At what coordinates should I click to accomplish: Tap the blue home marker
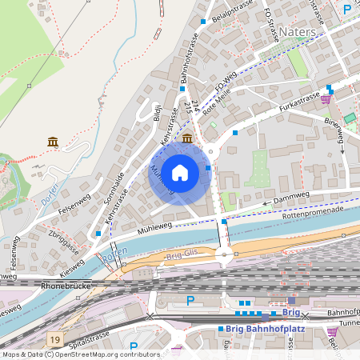tap(180, 172)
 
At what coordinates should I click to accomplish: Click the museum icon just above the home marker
tap(186, 138)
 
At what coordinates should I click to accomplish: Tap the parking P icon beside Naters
tap(346, 10)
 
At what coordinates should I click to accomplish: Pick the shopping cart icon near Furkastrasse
tap(326, 99)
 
